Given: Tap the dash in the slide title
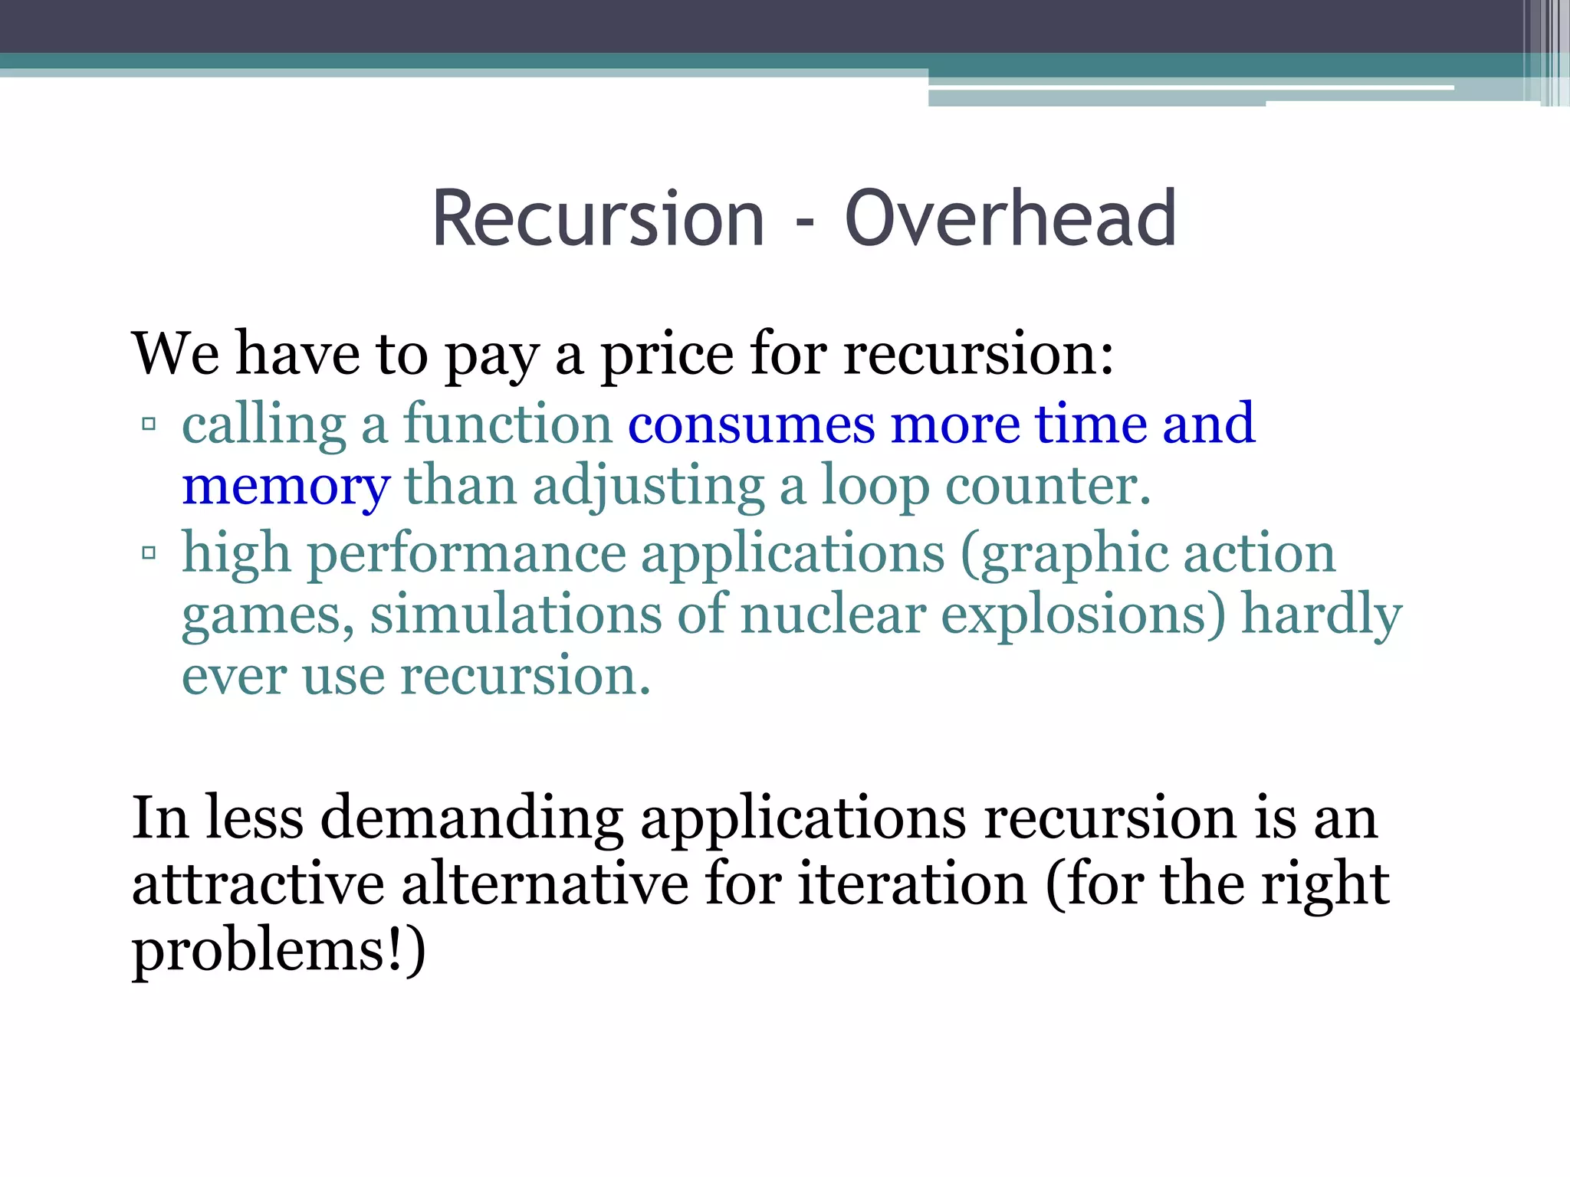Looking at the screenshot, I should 804,225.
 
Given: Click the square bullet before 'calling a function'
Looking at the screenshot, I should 149,424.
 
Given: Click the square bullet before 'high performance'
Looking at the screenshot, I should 149,552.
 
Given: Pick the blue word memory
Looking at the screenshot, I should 286,488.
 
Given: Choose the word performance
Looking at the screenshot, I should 467,554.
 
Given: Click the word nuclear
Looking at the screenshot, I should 833,615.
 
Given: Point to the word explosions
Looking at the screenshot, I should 1082,615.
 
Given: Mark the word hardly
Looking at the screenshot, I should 1321,615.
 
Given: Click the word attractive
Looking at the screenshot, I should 258,884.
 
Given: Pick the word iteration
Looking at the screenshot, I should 912,884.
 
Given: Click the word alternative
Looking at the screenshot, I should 545,884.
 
